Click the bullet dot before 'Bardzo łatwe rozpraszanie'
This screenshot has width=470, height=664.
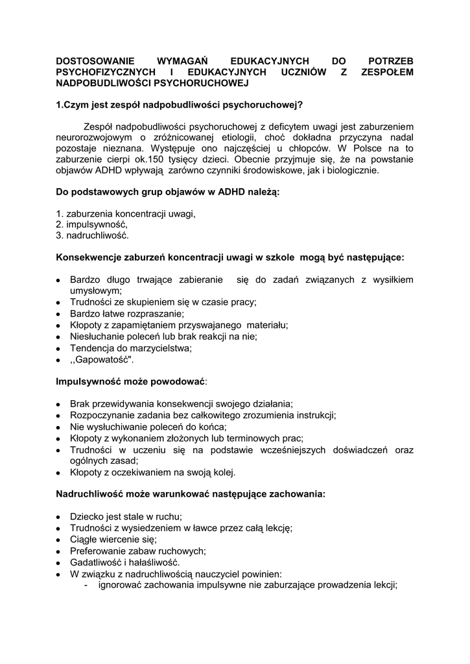pos(58,314)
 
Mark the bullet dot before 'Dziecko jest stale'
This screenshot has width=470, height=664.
pos(58,517)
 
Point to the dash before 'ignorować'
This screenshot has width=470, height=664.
pos(87,585)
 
